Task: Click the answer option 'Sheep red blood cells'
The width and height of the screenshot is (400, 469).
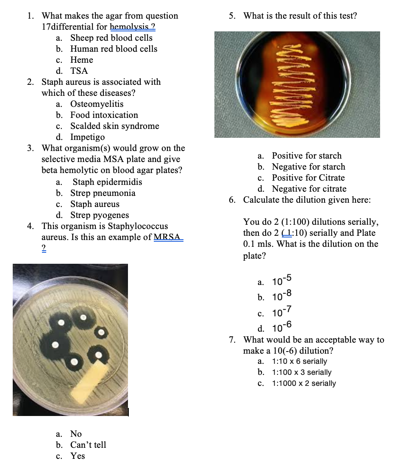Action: [111, 38]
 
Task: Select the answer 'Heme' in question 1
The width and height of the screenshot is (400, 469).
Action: [82, 60]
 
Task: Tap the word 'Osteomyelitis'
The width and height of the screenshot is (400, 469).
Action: [97, 104]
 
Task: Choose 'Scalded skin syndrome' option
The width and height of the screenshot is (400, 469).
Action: [114, 126]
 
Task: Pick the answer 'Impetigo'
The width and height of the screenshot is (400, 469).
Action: [88, 137]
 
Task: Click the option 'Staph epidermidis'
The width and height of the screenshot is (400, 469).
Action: [107, 182]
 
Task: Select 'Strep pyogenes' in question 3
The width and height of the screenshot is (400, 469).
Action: [100, 215]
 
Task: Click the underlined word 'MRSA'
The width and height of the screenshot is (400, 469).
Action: [167, 237]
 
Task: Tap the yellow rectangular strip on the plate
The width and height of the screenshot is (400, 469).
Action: [90, 381]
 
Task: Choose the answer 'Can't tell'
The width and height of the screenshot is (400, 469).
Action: [88, 445]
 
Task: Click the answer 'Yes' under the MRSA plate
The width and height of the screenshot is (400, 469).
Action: [78, 456]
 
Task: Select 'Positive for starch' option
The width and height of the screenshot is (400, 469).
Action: [307, 156]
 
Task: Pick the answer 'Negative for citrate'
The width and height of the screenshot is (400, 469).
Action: [309, 189]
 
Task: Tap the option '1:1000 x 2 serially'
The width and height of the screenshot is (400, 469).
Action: [304, 383]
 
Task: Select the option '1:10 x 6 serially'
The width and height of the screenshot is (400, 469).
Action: [300, 361]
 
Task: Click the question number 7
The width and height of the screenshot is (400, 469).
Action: [232, 340]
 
